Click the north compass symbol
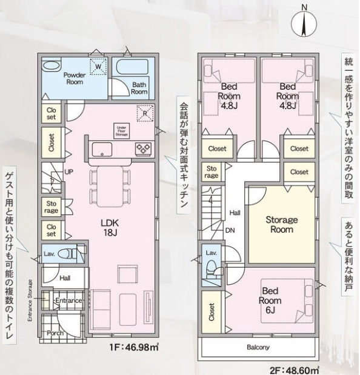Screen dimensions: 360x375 coord(304,24)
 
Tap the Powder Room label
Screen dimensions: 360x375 coord(75,78)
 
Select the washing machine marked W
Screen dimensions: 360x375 coord(98,66)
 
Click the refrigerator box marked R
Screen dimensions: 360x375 coord(145,113)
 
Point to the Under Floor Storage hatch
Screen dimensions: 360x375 coord(122,131)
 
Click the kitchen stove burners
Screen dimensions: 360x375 coord(143,149)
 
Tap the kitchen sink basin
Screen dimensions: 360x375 coord(102,150)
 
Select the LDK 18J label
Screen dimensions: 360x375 coord(110,227)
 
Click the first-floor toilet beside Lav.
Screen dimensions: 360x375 coord(67,253)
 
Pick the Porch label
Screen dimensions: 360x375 coord(55,333)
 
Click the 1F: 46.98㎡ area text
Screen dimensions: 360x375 coord(134,347)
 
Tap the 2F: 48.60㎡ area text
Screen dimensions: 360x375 coord(294,371)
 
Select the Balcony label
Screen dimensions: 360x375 coord(258,347)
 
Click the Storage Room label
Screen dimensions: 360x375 coord(282,225)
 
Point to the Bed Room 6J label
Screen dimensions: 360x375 coord(270,300)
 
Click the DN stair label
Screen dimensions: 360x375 coord(230,230)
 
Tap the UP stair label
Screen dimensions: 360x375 coord(69,171)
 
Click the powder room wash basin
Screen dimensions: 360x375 coord(51,66)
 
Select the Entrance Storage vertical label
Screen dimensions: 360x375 coord(30,300)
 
